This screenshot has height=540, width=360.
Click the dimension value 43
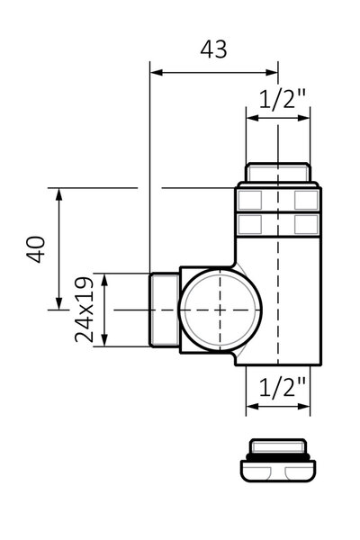(x=213, y=49)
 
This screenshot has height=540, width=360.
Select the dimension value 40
(x=36, y=249)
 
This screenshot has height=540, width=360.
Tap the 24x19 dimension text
(x=85, y=310)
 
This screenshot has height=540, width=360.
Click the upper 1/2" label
(x=282, y=100)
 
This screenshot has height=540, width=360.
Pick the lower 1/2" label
(x=282, y=388)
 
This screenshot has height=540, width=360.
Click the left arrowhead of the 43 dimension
(x=156, y=72)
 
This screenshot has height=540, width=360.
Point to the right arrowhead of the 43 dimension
(x=272, y=72)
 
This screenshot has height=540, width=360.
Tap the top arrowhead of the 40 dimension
(x=59, y=194)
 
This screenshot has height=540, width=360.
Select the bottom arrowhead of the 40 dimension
(x=59, y=303)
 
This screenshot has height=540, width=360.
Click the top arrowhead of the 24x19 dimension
(x=105, y=280)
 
